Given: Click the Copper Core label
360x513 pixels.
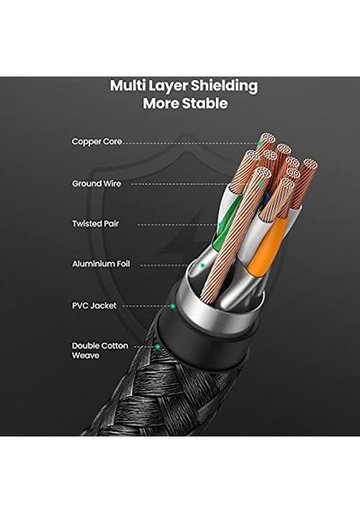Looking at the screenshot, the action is click(x=96, y=141).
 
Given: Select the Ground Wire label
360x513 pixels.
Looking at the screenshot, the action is click(x=96, y=184).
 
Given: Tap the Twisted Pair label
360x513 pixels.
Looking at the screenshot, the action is click(x=95, y=224).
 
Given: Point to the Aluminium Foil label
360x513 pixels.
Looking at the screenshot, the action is click(x=101, y=264).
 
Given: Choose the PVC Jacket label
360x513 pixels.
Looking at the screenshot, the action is click(x=94, y=306).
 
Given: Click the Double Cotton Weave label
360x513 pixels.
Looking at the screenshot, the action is click(x=100, y=350).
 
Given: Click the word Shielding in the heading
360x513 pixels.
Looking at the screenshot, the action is click(x=224, y=86).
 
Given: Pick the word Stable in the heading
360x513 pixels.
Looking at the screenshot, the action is click(x=204, y=103).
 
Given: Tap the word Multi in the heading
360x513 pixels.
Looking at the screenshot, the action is click(x=128, y=85).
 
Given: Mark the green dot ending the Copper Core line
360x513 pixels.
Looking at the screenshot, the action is click(x=259, y=143).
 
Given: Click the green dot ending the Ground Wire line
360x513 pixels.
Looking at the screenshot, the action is click(x=260, y=184).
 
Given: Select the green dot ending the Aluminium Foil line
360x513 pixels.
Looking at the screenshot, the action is click(x=202, y=265).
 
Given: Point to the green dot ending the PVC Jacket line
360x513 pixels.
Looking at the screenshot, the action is click(x=173, y=306).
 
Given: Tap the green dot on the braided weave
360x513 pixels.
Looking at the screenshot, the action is click(x=157, y=346).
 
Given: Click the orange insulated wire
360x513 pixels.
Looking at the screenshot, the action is click(x=265, y=248).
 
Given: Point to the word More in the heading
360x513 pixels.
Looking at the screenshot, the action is click(x=161, y=103).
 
